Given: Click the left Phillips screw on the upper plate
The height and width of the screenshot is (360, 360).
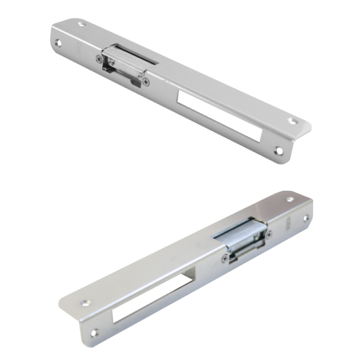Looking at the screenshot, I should pos(100,59).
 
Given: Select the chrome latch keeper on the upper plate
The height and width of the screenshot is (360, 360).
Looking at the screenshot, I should pos(123,63).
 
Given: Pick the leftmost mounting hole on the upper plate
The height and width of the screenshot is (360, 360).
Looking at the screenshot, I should pos(58,43).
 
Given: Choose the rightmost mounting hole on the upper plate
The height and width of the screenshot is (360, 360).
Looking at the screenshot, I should pos(293,121).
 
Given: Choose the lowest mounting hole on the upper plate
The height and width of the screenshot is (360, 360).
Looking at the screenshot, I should pos(277,151).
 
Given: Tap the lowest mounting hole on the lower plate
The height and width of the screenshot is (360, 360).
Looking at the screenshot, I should pos(94,331).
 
